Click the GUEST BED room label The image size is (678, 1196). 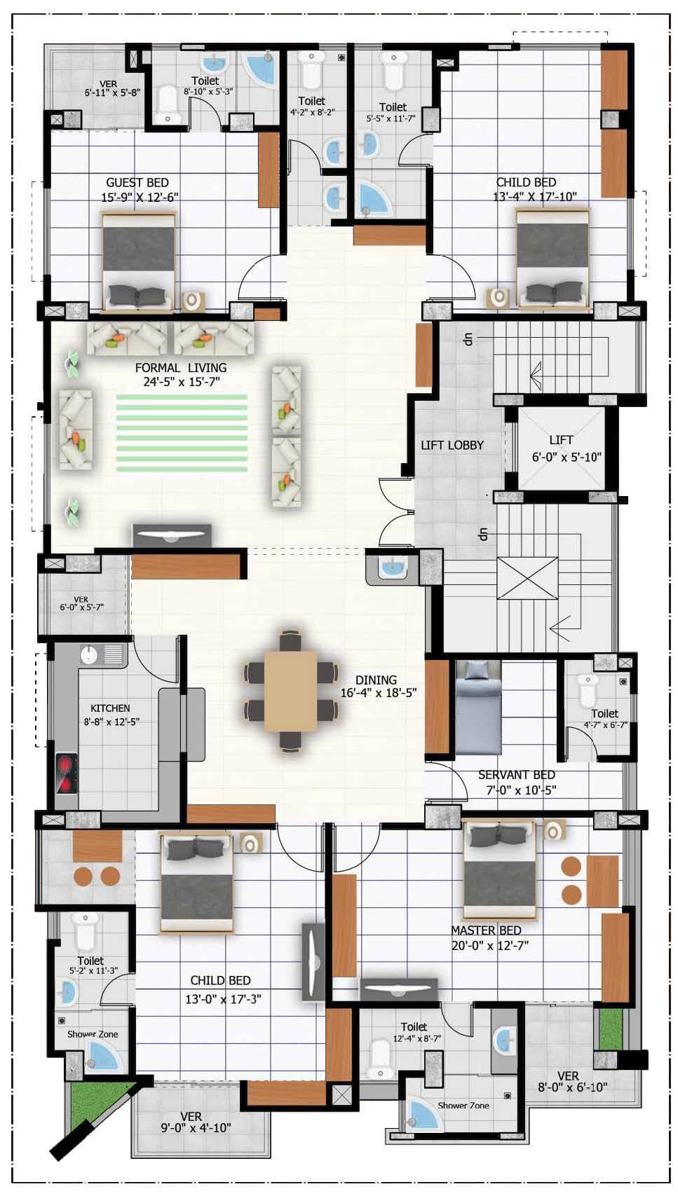(x=137, y=183)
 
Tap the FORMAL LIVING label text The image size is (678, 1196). (x=181, y=368)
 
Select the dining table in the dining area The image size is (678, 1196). (x=290, y=691)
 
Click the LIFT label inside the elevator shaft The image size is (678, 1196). (x=561, y=440)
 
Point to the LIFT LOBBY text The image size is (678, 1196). (x=452, y=445)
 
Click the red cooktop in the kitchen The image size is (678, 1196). (x=67, y=774)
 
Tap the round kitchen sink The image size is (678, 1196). (x=89, y=654)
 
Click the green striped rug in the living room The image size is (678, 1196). (x=182, y=432)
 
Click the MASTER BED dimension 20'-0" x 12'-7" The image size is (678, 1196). (x=490, y=945)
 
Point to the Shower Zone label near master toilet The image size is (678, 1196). (x=463, y=1106)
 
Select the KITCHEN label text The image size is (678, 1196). (x=110, y=708)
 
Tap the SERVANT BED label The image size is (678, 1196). (x=516, y=775)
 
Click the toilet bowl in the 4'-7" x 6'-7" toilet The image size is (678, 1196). (x=586, y=689)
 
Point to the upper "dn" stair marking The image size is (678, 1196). (x=468, y=338)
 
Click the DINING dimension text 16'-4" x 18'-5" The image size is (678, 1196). (x=379, y=693)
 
